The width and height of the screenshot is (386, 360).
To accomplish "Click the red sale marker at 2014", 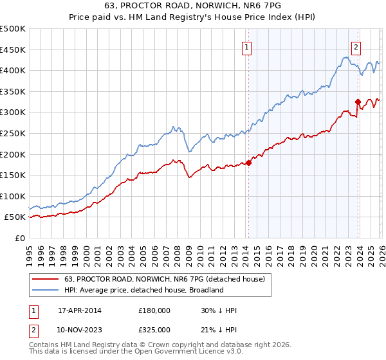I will pos(248,163).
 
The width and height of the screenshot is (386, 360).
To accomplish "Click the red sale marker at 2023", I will pos(358,102).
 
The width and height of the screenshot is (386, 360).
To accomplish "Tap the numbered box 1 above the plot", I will pos(247,46).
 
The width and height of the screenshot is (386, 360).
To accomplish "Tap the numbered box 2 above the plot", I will pos(356,46).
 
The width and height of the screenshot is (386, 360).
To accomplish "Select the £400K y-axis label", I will pos(13,71).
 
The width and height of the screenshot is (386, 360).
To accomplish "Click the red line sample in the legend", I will pos(46,278).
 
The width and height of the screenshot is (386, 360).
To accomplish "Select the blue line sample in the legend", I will pos(46,290).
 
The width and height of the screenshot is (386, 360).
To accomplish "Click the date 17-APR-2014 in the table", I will pos(79,310).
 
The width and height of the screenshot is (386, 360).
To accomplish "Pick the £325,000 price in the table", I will pos(154,330).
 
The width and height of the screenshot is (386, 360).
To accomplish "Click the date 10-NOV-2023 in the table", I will pos(80,330).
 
